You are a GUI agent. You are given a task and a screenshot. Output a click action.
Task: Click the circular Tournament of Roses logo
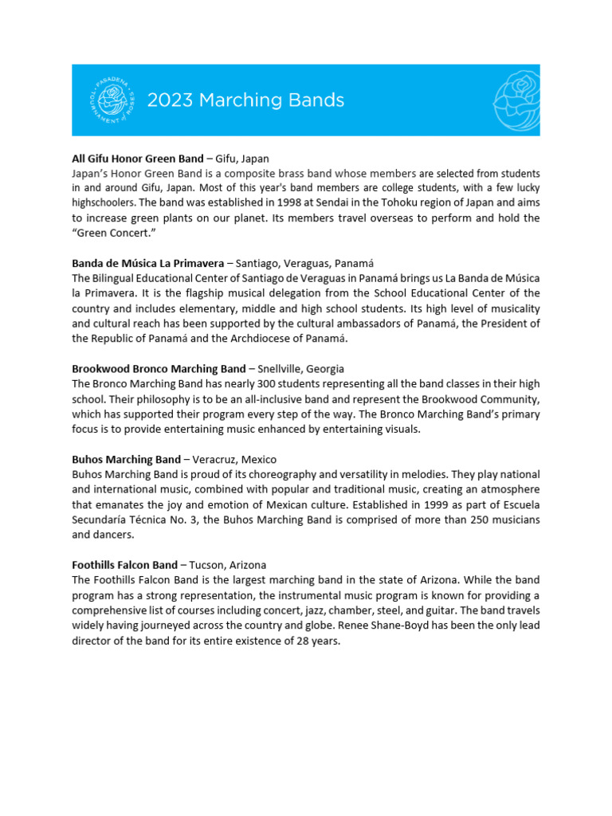pos(112,100)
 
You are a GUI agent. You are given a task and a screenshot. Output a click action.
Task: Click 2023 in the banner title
pos(171,100)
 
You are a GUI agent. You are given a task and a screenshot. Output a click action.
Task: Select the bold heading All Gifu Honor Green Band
pos(138,159)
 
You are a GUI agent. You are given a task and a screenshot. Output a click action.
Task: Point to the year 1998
pos(291,202)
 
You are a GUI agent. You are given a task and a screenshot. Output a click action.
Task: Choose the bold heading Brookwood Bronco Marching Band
pos(159,369)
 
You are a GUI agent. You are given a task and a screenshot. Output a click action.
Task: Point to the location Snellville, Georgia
pos(302,369)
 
